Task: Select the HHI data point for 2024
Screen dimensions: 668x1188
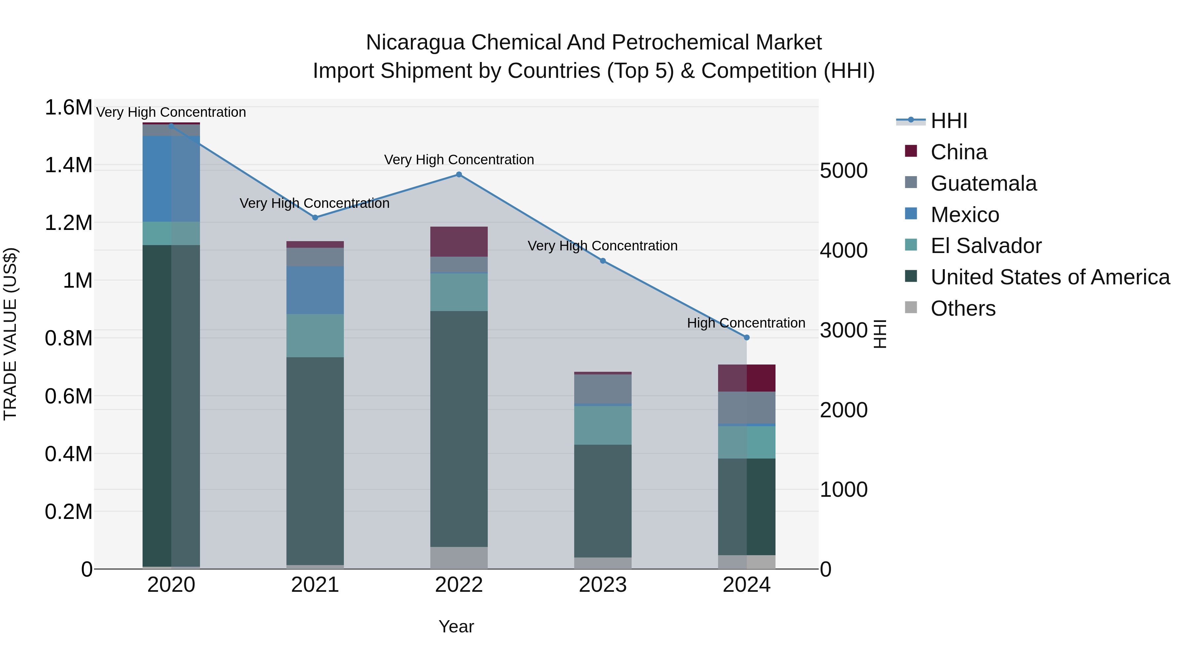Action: (747, 338)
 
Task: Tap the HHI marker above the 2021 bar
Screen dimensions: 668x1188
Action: (315, 218)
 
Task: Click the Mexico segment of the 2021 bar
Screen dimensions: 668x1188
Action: (315, 290)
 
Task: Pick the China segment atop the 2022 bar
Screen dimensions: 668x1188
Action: (459, 241)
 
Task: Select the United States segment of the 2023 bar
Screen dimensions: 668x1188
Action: (603, 501)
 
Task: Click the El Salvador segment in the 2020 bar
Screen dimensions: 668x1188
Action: (171, 234)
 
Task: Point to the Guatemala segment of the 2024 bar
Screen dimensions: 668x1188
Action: (747, 407)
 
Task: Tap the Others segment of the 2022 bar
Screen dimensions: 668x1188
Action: (459, 558)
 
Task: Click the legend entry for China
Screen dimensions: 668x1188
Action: (958, 152)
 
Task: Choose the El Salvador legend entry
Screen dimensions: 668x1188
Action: (985, 246)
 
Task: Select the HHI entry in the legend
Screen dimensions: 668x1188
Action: (949, 121)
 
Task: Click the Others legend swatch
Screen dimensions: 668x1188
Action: (911, 307)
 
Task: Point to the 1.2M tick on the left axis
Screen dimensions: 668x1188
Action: (68, 223)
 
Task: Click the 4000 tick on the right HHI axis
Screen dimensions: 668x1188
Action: (843, 251)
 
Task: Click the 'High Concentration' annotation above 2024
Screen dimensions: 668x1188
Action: (746, 323)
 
